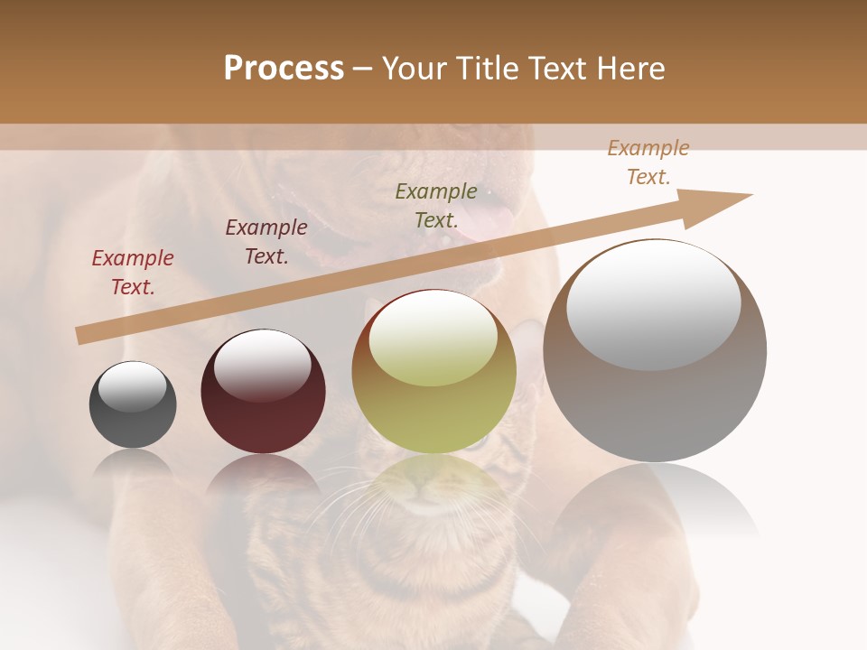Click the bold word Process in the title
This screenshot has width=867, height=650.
coord(284,69)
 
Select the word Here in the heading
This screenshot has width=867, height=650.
coord(628,69)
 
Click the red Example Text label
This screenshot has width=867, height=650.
coord(133,273)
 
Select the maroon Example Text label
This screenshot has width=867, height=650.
coord(266,242)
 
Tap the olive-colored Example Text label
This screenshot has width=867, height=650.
coord(436,205)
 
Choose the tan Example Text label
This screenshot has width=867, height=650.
coord(648,162)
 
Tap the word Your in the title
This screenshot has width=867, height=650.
coord(415,69)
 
